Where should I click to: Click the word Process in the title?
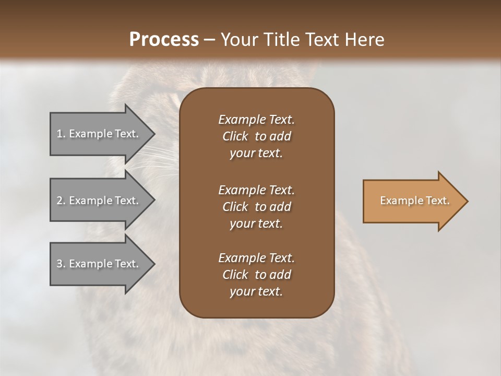click(x=164, y=40)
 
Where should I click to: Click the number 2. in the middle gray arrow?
click(x=61, y=201)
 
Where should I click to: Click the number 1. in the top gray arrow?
click(x=61, y=134)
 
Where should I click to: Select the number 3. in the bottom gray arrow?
click(x=61, y=264)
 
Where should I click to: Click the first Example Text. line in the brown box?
click(x=256, y=120)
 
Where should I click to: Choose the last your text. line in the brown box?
click(x=256, y=291)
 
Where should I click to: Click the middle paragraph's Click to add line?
click(x=256, y=207)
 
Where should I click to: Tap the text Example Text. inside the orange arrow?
click(x=414, y=201)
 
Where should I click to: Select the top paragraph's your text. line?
click(x=256, y=154)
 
